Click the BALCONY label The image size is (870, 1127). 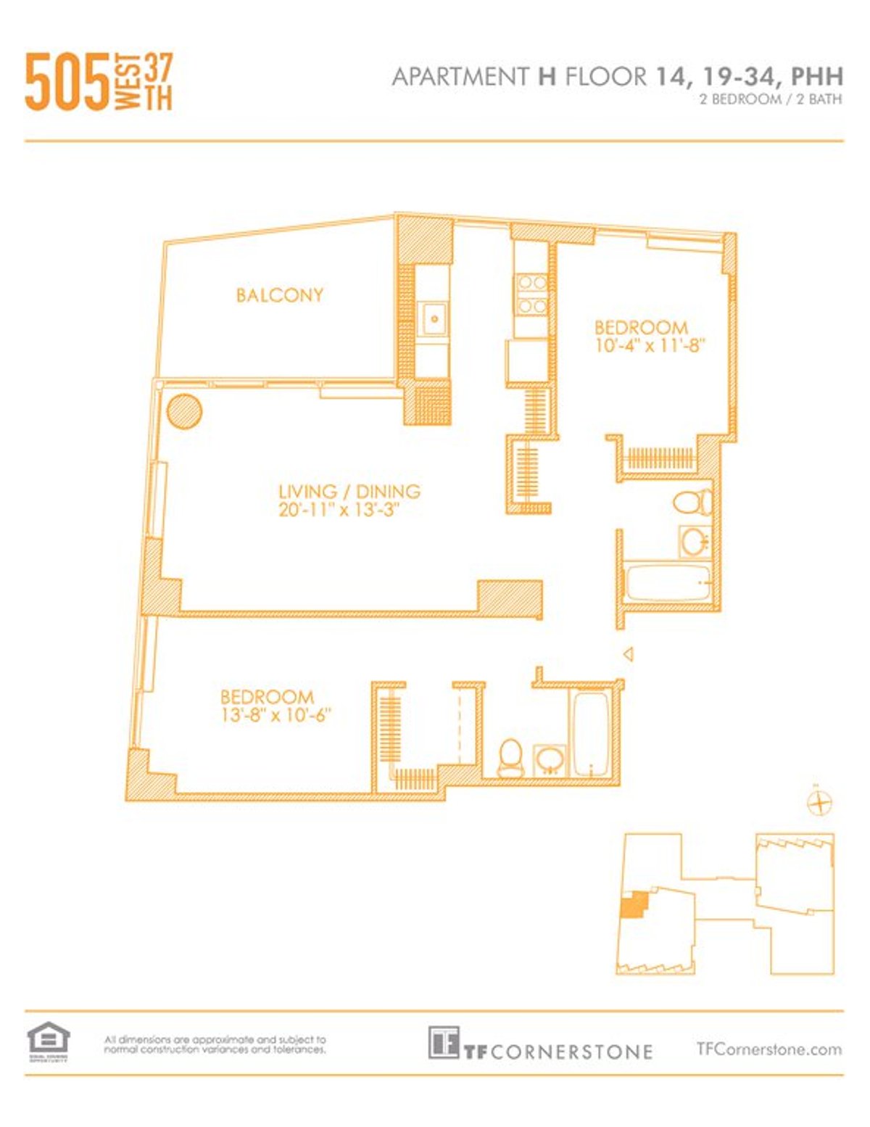[x=279, y=295]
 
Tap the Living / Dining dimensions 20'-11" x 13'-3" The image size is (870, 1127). [x=340, y=510]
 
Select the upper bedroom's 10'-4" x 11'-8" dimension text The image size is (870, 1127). [x=650, y=346]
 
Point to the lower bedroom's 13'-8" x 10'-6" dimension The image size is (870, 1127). [x=275, y=715]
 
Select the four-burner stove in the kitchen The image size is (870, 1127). [x=531, y=294]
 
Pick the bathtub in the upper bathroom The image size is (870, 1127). [x=667, y=583]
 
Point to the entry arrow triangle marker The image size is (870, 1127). [x=629, y=654]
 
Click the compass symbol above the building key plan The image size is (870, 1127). [x=819, y=803]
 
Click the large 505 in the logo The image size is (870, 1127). [x=67, y=82]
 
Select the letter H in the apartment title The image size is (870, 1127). [x=546, y=76]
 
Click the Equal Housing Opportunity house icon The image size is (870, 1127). [x=48, y=1039]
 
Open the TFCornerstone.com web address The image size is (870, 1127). [x=768, y=1049]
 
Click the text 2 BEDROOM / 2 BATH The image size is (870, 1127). [x=770, y=100]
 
